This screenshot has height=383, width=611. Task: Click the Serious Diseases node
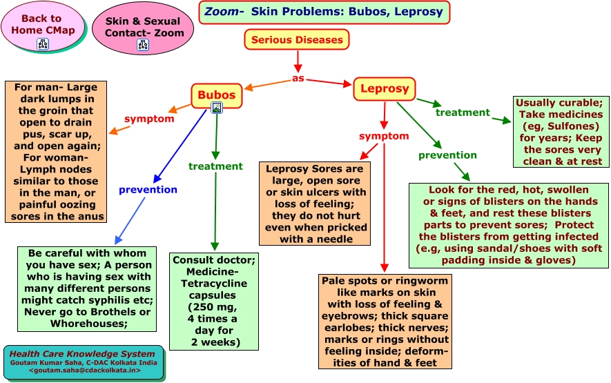click(297, 40)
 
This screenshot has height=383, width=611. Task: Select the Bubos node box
click(217, 95)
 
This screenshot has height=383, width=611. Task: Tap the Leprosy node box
click(385, 89)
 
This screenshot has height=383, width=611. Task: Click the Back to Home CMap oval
click(43, 26)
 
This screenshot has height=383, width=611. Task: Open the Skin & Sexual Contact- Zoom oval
click(143, 28)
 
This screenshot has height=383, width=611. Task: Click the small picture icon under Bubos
click(217, 108)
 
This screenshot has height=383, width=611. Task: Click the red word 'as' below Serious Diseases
click(298, 78)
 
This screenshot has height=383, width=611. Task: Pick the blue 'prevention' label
click(148, 190)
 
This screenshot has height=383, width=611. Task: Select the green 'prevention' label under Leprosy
click(448, 155)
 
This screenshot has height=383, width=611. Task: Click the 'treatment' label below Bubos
click(215, 166)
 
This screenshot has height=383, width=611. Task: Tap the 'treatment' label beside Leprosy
click(463, 112)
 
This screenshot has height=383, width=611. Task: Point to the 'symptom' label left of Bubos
click(149, 119)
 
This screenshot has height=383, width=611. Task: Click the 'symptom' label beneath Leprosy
click(385, 136)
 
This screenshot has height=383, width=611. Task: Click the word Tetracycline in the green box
click(214, 283)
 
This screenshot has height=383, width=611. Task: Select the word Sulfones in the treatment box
click(573, 126)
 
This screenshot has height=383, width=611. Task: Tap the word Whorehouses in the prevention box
click(89, 324)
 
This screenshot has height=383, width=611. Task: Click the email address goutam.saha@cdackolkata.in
click(84, 370)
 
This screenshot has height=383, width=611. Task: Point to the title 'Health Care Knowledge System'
click(82, 354)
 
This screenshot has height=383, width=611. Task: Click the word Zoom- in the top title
click(224, 12)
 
